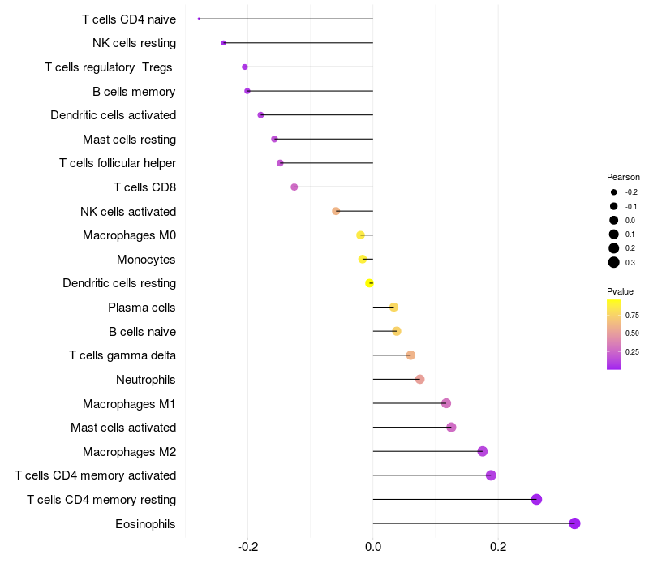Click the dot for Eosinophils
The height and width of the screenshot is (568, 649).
coord(574,523)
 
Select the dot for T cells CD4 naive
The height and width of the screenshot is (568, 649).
coord(199,19)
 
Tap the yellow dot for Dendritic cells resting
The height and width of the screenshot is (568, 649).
coord(370,283)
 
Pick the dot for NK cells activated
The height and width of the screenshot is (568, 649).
coord(336,211)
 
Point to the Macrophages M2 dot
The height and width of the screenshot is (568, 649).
coord(482,451)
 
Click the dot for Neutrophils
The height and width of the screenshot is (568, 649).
coord(419,379)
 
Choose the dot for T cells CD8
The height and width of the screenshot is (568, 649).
coord(294,187)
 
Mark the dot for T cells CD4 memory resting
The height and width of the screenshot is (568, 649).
coord(536,499)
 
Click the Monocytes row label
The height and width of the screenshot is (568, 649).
coord(146,260)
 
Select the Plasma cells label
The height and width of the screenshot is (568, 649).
coord(141,308)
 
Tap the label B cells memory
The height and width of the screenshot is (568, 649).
coord(134,92)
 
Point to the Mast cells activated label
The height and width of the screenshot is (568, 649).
coord(123,428)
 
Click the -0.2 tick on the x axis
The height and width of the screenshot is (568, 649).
coord(248,547)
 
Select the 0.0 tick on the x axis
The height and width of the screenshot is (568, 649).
coord(373,547)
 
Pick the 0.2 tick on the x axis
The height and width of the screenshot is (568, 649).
coord(498,547)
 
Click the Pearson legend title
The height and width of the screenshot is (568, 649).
coord(623,177)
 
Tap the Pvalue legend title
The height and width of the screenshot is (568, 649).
coord(620,291)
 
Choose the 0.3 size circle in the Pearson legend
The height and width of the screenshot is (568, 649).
coord(614,262)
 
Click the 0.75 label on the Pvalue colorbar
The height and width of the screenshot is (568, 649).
coord(632,316)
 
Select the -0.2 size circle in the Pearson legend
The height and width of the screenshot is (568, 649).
coord(614,192)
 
